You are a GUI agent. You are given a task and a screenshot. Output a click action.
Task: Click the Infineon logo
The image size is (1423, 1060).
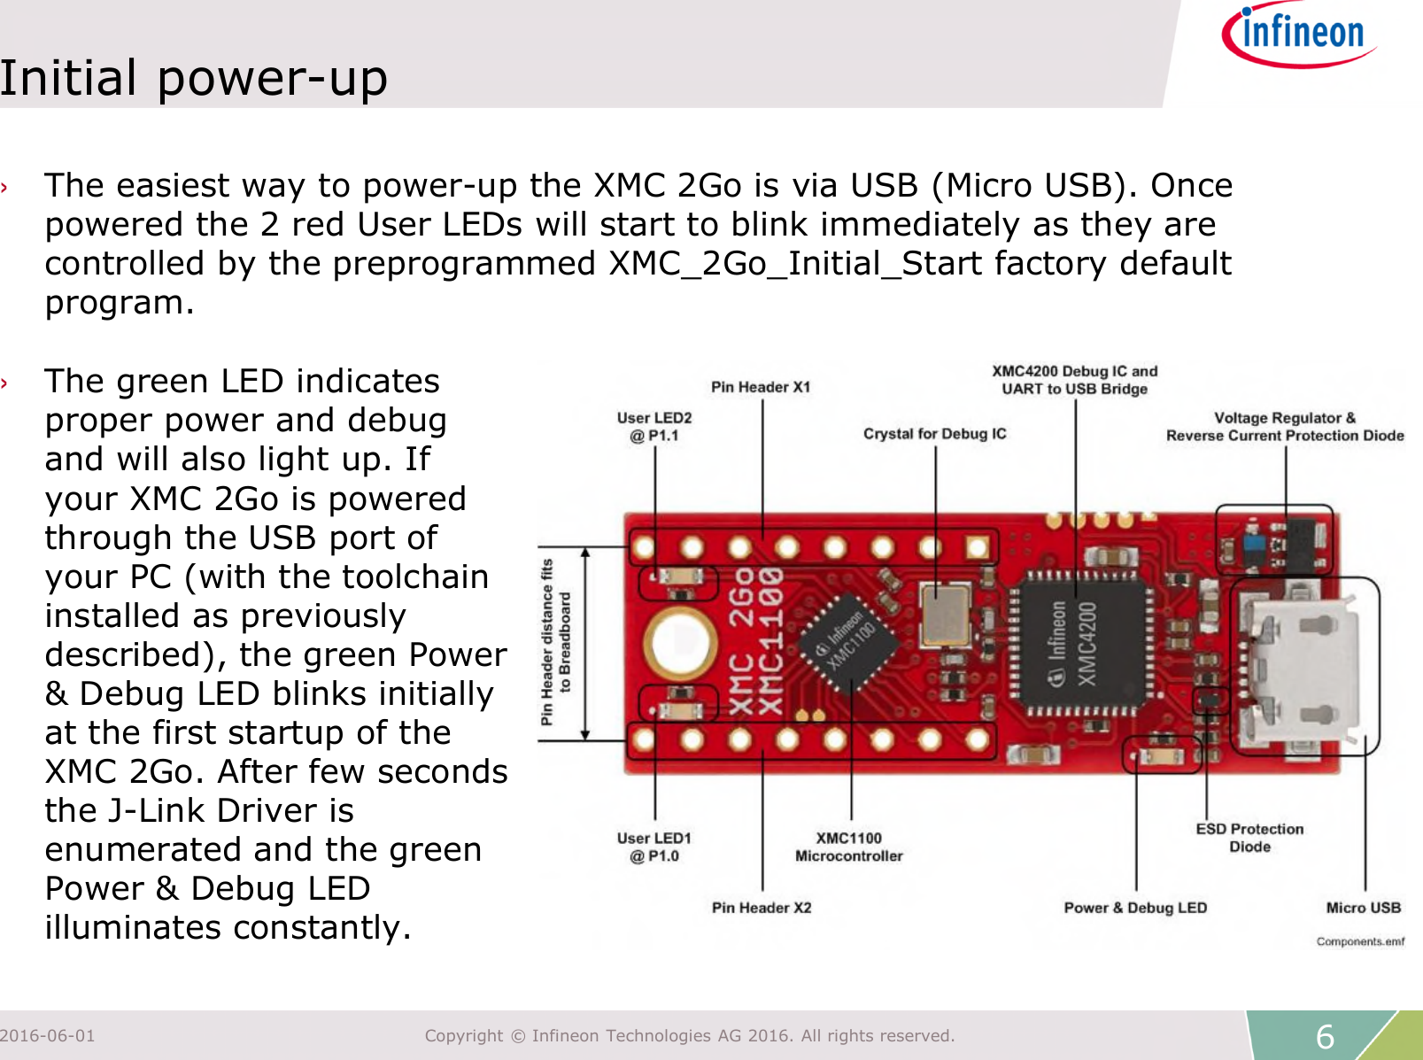[1298, 35]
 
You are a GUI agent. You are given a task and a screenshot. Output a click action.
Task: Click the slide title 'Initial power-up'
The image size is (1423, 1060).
[194, 78]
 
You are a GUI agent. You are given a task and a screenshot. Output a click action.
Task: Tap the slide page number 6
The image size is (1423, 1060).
[1325, 1036]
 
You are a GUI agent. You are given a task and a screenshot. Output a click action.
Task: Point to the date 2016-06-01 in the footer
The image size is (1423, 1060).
[48, 1035]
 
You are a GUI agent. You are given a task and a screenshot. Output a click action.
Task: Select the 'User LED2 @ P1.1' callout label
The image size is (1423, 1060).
[654, 427]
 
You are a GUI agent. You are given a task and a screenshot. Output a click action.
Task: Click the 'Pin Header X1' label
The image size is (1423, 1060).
[761, 387]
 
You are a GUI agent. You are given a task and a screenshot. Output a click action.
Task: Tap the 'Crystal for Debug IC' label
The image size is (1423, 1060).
[935, 434]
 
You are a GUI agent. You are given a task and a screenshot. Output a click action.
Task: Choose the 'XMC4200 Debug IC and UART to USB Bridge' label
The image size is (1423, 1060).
[1074, 380]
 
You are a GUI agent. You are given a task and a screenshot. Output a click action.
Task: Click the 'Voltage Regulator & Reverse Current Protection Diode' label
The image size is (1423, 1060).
[1285, 427]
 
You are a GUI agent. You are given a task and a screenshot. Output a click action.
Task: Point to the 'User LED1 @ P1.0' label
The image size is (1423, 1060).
[654, 847]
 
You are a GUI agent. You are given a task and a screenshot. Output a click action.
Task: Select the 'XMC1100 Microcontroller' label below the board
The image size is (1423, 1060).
[848, 847]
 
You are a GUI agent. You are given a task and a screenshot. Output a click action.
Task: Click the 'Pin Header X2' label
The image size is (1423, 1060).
[762, 908]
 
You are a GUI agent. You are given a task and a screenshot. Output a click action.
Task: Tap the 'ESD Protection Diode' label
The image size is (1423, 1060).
[1249, 838]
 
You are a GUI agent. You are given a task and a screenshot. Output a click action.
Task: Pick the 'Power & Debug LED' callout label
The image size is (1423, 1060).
[1135, 908]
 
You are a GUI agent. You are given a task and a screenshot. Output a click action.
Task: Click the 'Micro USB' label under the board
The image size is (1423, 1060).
[1364, 908]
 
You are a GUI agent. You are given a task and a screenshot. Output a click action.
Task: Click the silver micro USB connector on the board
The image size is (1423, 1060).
[1302, 665]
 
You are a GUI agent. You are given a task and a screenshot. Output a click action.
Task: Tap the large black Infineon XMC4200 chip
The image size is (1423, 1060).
[1079, 644]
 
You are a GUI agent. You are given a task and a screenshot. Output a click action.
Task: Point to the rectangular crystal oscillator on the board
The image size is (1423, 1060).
[946, 615]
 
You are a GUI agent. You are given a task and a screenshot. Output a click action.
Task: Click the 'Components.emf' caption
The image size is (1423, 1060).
[1360, 941]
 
